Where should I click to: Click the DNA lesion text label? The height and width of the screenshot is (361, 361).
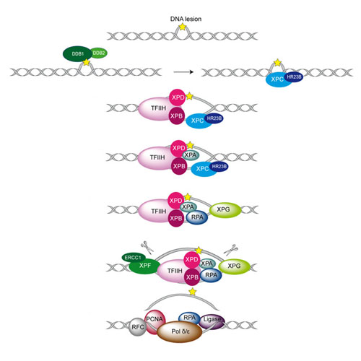[186, 19]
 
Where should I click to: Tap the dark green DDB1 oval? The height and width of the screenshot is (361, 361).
[78, 54]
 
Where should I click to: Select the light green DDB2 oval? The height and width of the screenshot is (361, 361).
[99, 53]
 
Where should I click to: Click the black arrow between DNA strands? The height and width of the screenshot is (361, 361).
[183, 72]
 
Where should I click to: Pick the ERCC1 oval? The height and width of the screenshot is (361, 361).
[134, 258]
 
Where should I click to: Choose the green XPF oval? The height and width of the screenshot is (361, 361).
[144, 266]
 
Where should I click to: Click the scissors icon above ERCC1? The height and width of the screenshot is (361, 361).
[147, 248]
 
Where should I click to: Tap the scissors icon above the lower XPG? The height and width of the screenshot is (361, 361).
[230, 250]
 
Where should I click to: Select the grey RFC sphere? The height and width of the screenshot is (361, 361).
[137, 327]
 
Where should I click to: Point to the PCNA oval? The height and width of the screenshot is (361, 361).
[155, 321]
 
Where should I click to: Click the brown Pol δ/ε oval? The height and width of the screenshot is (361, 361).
[180, 331]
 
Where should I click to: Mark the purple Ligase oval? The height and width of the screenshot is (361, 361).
[212, 321]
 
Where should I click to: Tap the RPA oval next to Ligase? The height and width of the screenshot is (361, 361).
[189, 318]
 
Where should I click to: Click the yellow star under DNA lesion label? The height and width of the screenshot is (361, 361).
[183, 27]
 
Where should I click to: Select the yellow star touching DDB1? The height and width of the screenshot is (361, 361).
[86, 63]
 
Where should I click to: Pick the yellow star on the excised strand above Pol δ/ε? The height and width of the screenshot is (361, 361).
[192, 292]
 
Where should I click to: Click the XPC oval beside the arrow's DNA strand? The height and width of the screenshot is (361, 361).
[277, 79]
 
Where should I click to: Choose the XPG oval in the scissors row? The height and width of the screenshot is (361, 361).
[234, 266]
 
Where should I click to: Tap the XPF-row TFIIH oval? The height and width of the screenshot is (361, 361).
[174, 271]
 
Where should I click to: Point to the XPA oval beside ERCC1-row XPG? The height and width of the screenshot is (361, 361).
[206, 264]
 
